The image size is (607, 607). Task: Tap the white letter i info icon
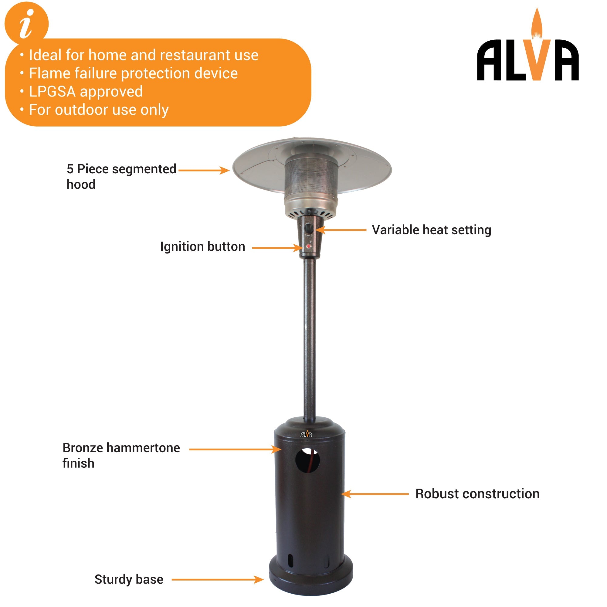point(26,24)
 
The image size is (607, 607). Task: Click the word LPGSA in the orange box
point(52,92)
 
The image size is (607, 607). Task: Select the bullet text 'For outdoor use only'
point(99,110)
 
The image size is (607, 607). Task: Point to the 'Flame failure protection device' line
point(133,73)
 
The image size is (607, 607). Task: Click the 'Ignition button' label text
point(202,247)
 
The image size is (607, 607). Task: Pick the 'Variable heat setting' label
point(431,230)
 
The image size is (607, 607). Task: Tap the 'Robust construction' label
point(477,494)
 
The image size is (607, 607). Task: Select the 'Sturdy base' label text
point(129,579)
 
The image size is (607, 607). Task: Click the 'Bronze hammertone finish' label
point(121,456)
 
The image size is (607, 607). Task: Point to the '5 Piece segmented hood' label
point(121,176)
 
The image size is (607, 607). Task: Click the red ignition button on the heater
point(309,247)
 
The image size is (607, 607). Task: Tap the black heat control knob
point(309,229)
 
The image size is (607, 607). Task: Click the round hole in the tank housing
point(307,461)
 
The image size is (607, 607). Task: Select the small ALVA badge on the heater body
point(306,434)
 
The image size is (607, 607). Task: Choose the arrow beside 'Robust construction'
point(375,494)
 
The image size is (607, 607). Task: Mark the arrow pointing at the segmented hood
point(204,170)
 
